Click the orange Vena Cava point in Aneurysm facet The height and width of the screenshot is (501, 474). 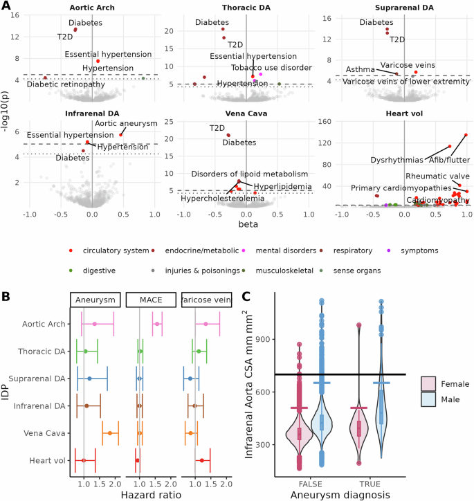point(110,433)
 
